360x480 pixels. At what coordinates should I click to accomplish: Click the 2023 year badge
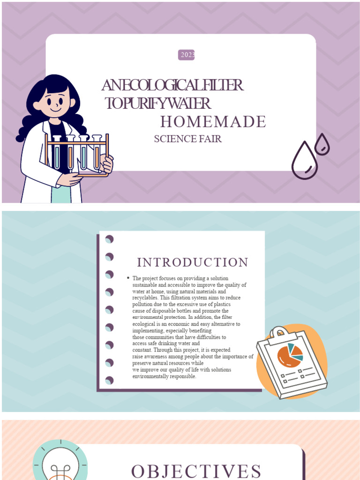click(x=186, y=55)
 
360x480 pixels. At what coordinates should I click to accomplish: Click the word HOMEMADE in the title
click(x=213, y=121)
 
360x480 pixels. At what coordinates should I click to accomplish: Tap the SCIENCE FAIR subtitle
click(x=187, y=139)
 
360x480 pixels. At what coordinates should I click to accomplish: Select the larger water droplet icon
click(x=305, y=160)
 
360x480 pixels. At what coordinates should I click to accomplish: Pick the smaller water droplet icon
click(x=322, y=144)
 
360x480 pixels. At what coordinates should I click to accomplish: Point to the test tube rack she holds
click(x=76, y=155)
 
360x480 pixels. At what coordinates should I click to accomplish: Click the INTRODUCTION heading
click(x=193, y=262)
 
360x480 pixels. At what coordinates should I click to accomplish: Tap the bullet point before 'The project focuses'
click(x=128, y=278)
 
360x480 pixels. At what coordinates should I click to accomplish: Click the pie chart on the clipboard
click(x=290, y=355)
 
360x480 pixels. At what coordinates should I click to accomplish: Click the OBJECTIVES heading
click(x=196, y=472)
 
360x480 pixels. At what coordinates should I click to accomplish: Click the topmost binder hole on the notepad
click(x=109, y=239)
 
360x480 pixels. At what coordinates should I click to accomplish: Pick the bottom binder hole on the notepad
click(x=109, y=381)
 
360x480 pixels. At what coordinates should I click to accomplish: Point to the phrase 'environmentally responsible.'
click(x=165, y=376)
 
